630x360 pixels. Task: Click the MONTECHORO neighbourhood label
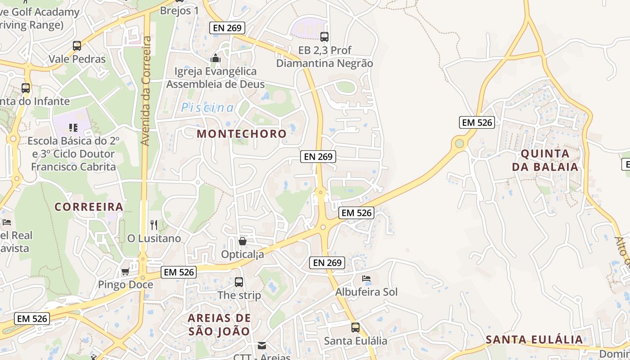tap(242, 134)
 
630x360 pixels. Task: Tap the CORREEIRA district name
tap(89, 207)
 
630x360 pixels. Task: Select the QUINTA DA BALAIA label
tap(545, 160)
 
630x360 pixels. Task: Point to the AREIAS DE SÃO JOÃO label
tap(219, 324)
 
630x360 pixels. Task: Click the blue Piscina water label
tap(207, 108)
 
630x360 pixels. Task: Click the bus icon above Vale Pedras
tap(77, 45)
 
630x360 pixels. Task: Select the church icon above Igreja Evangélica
tap(216, 58)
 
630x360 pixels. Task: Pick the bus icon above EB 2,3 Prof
tap(324, 37)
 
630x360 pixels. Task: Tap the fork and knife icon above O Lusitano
tap(154, 225)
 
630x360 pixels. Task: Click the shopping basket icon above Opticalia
tap(243, 242)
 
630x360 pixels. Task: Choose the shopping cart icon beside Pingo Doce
tap(126, 272)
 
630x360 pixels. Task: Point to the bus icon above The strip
tap(239, 282)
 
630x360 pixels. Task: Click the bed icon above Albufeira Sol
tap(366, 279)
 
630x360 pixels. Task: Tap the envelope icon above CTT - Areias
tap(261, 346)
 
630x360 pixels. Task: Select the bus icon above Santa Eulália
tap(355, 328)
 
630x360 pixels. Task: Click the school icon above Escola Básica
tap(73, 128)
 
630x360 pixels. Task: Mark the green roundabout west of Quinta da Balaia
tap(459, 144)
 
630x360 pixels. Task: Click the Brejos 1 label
tap(179, 10)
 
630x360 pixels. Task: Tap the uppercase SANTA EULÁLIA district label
tap(535, 340)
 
